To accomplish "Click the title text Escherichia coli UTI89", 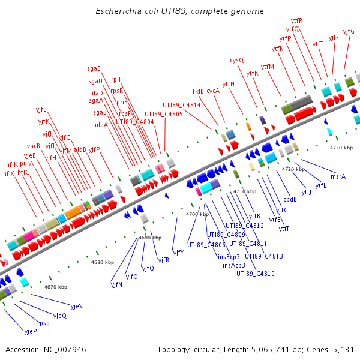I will (x=141, y=11).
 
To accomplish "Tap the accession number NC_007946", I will (x=65, y=349).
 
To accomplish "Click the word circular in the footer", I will (x=209, y=349).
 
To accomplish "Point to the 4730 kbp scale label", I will (x=342, y=147).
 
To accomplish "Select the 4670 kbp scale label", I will (x=56, y=287).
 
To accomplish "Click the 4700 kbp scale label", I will (x=197, y=214).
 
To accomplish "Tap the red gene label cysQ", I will (x=237, y=60).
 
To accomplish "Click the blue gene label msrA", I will (x=338, y=176).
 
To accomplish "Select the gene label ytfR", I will (x=296, y=20).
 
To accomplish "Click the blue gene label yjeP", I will (x=31, y=331).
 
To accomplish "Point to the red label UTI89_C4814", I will (x=181, y=105).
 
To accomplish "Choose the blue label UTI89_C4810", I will (x=256, y=274).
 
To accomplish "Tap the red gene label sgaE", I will (x=94, y=68).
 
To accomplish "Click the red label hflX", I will (x=8, y=173).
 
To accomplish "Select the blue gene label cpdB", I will (x=290, y=199).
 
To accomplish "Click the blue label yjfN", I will (x=116, y=284).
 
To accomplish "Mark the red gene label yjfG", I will (x=349, y=31).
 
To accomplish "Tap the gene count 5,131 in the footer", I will (x=344, y=349).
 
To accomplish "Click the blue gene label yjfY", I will (x=178, y=253).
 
